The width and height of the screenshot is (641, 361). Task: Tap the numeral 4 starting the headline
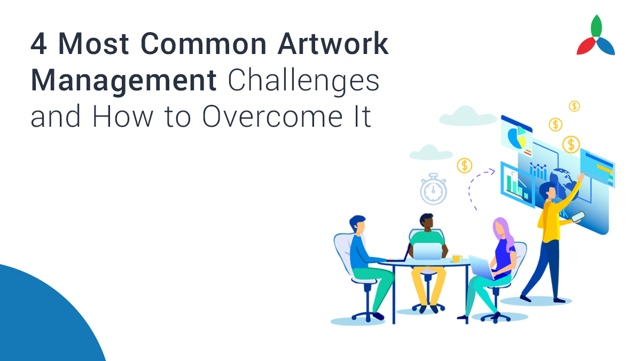click(x=38, y=44)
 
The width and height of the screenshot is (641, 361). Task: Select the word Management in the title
click(x=123, y=81)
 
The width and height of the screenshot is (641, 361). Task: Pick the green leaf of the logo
click(x=596, y=26)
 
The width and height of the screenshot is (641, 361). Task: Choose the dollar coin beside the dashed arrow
click(x=464, y=165)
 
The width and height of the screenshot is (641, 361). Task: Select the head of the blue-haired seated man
click(x=357, y=225)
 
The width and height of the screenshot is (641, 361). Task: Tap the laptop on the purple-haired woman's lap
click(x=481, y=266)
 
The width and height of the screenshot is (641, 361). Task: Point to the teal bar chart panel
click(x=515, y=183)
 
